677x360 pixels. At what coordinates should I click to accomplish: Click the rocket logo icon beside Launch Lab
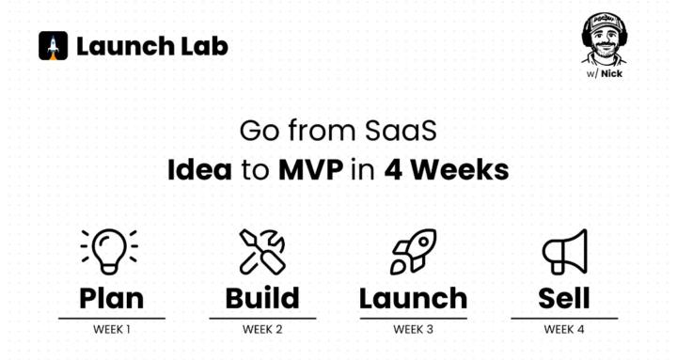53,46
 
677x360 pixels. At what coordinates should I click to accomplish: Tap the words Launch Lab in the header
151,46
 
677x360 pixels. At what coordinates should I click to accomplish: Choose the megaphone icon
564,251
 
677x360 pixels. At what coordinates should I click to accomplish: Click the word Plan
111,299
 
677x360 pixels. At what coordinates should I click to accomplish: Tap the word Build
261,299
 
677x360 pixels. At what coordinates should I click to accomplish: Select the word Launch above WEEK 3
413,299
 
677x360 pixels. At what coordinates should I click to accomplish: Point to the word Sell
564,299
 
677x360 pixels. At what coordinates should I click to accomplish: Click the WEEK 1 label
111,329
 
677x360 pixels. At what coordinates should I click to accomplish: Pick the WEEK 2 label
261,329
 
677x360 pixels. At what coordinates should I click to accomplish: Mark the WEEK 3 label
413,329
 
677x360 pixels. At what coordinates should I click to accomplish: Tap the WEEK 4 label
564,329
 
